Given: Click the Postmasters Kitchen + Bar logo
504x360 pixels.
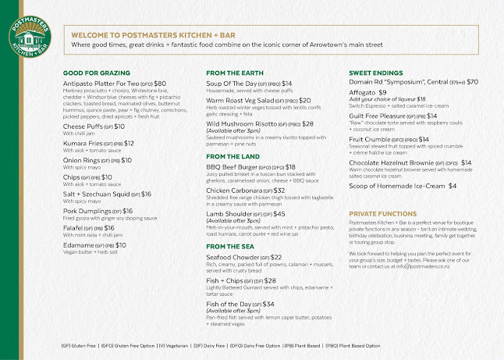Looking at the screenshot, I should [x=30, y=36].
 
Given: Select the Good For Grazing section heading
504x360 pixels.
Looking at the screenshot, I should [x=95, y=73].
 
